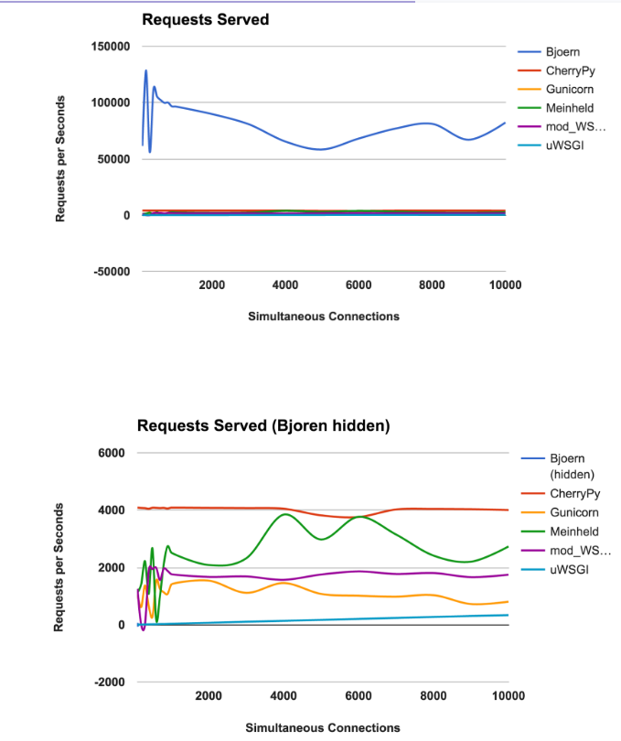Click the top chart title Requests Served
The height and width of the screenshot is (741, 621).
205,18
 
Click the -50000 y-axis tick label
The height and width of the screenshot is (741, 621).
111,272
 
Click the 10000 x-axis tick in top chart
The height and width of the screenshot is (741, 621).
505,285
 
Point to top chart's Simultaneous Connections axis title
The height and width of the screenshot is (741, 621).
323,317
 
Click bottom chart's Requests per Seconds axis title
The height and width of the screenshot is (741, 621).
60,567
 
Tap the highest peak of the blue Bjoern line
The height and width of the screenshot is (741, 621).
145,70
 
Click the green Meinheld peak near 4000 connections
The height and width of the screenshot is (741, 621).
285,514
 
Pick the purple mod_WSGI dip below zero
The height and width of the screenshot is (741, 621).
144,629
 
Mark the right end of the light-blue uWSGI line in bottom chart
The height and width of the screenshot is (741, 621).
507,615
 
